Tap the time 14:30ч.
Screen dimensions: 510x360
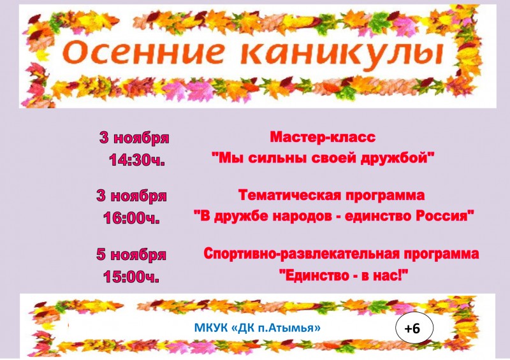pos(136,160)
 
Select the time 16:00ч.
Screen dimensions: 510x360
pos(132,217)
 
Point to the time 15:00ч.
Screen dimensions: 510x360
pos(131,277)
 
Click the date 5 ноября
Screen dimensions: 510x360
pos(131,255)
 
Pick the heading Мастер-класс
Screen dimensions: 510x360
pos(323,137)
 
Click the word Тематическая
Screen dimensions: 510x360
pos(289,195)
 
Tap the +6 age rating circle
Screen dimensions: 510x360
pos(414,328)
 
